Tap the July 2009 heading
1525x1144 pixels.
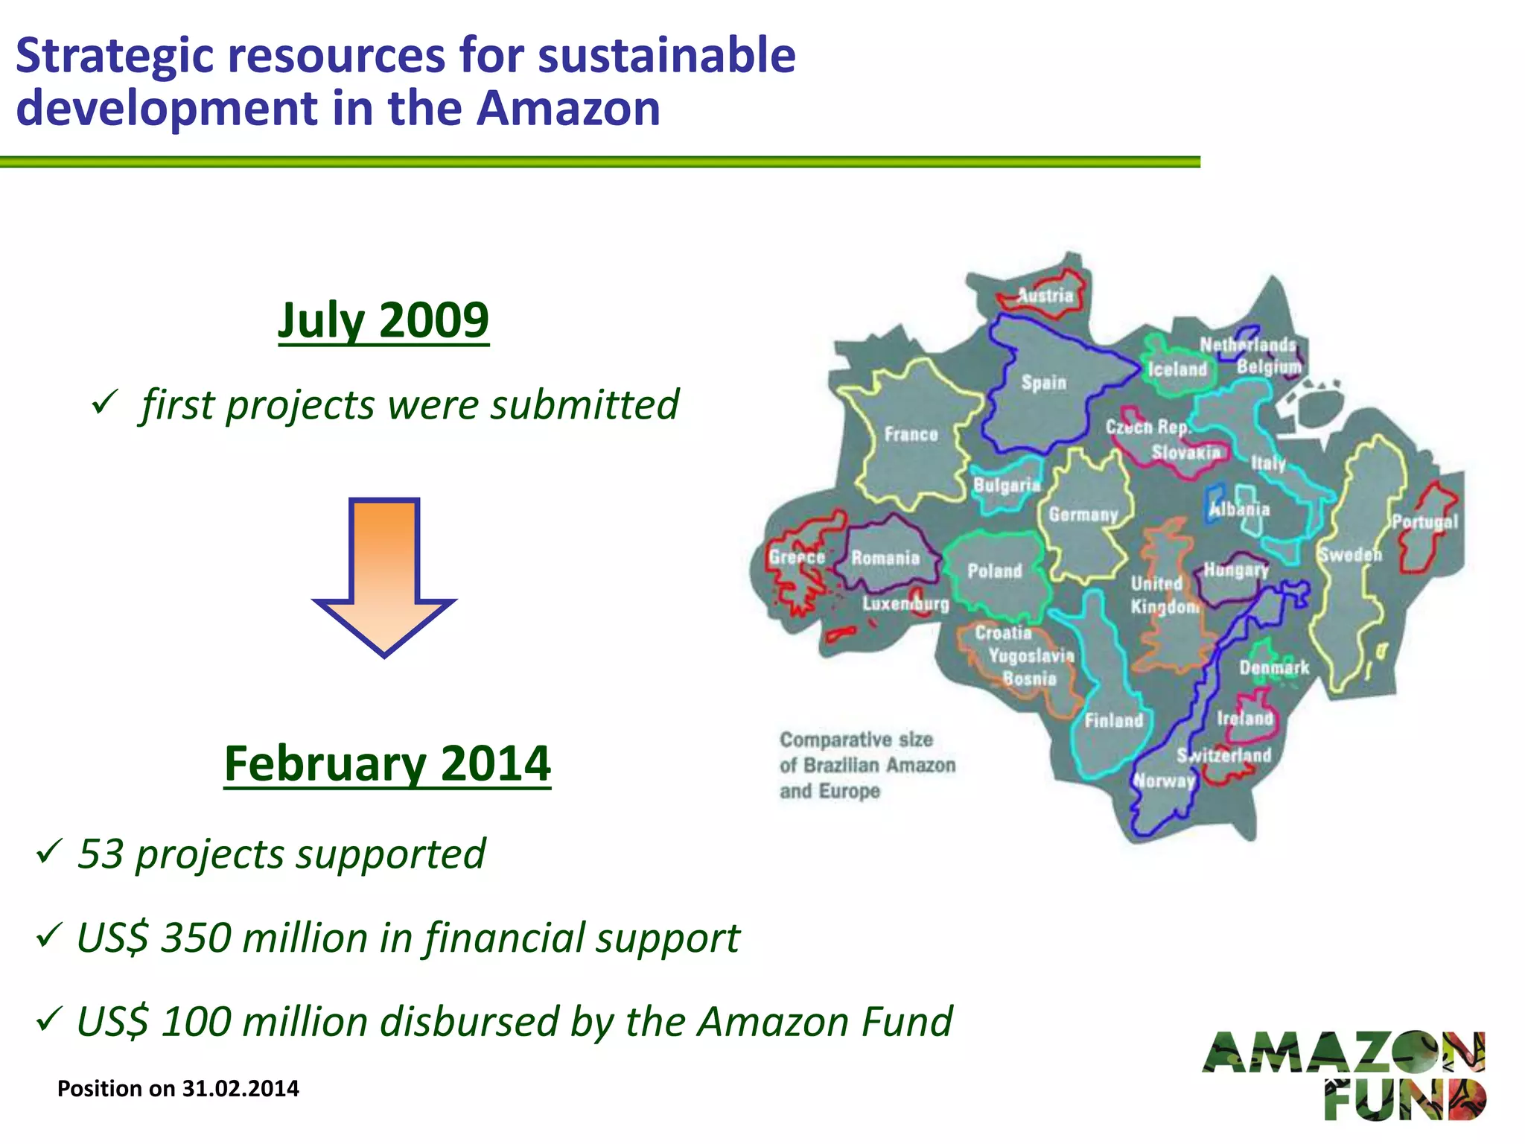click(383, 320)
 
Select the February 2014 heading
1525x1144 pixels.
click(387, 763)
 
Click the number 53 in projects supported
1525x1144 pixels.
click(101, 854)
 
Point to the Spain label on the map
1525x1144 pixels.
click(1043, 383)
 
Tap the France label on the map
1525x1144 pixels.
click(911, 434)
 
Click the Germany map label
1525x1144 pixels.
click(1083, 515)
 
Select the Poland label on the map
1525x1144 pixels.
click(994, 571)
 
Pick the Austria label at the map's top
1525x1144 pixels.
click(1045, 296)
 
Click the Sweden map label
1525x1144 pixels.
click(1350, 555)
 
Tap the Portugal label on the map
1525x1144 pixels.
click(1424, 522)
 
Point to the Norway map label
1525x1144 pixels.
click(1164, 781)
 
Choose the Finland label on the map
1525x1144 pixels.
click(1113, 720)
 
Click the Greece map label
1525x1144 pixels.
click(797, 557)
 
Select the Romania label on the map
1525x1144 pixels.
click(885, 558)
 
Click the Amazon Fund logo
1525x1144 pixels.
click(1344, 1075)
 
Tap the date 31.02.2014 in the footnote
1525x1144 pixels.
click(241, 1089)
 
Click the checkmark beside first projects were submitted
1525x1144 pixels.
click(102, 403)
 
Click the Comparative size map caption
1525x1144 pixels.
click(867, 765)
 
